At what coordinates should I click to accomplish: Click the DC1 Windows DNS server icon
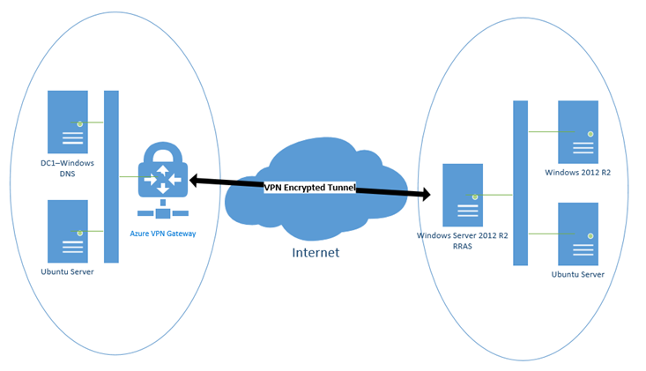[x=68, y=122]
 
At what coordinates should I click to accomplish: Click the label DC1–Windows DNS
[x=68, y=169]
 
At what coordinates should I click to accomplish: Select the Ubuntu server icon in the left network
[x=68, y=231]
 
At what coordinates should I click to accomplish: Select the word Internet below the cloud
[x=316, y=253]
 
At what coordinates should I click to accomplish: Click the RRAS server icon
[x=463, y=195]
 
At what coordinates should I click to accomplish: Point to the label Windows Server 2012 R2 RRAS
[x=462, y=241]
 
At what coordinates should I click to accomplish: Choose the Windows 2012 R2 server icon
[x=578, y=131]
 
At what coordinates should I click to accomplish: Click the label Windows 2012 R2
[x=577, y=173]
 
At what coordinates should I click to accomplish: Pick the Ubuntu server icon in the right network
[x=578, y=234]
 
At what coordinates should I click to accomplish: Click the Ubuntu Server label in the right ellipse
[x=577, y=274]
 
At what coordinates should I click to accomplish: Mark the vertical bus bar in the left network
[x=111, y=175]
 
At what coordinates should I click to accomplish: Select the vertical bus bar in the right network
[x=520, y=182]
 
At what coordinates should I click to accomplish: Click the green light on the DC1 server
[x=79, y=123]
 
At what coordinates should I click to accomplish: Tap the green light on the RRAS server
[x=474, y=197]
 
